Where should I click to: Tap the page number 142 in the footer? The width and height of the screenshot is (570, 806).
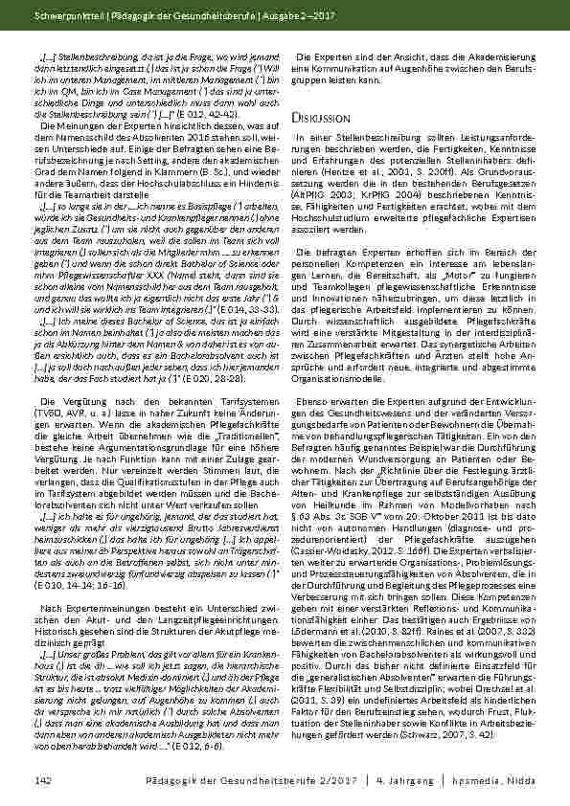pyautogui.click(x=42, y=781)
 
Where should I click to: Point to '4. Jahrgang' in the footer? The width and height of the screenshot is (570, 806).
pyautogui.click(x=416, y=781)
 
